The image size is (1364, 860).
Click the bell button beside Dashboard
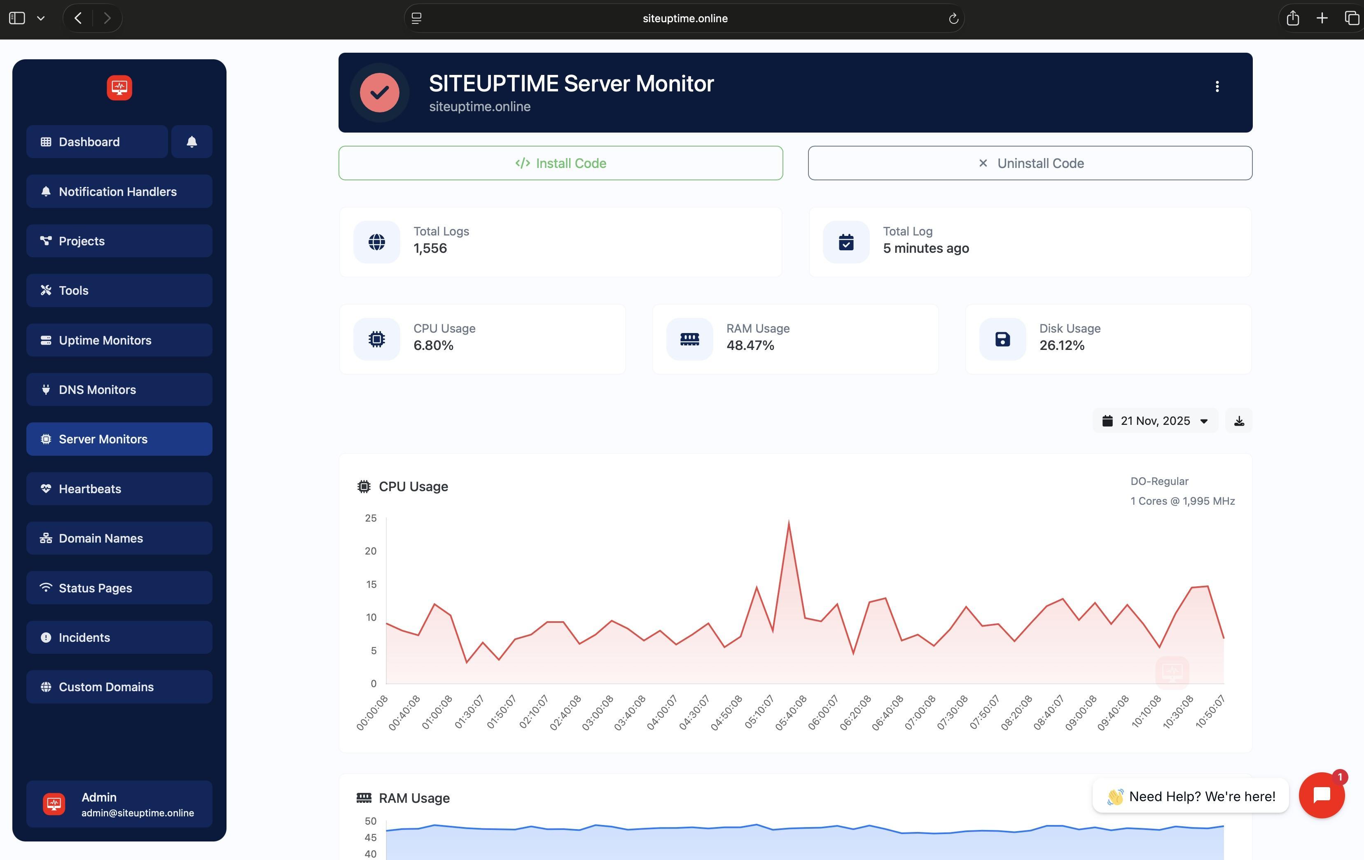pyautogui.click(x=192, y=142)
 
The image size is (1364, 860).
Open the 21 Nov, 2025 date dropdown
pyautogui.click(x=1154, y=421)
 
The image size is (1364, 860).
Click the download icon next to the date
pyautogui.click(x=1239, y=421)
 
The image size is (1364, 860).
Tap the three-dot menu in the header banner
pyautogui.click(x=1217, y=86)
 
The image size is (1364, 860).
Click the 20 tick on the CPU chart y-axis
pyautogui.click(x=371, y=551)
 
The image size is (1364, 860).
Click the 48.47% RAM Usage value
pyautogui.click(x=750, y=345)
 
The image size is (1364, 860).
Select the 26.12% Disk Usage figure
pyautogui.click(x=1062, y=345)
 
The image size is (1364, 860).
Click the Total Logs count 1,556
pyautogui.click(x=430, y=248)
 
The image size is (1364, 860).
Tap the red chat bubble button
pyautogui.click(x=1322, y=795)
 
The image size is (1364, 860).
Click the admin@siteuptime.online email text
pyautogui.click(x=138, y=812)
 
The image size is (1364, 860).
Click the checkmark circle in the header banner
pyautogui.click(x=380, y=92)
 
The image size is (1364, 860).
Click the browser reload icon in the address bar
pyautogui.click(x=953, y=19)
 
